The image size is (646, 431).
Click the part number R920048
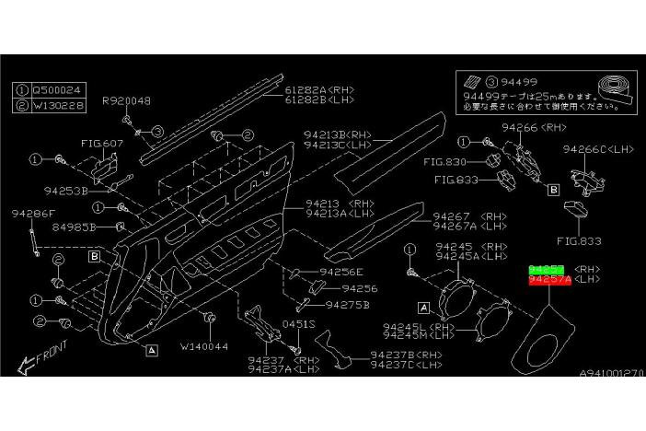[126, 101]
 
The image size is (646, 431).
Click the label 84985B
[74, 226]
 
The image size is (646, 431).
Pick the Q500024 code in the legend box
[55, 91]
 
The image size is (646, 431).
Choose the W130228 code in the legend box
[55, 105]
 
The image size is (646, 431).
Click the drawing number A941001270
[611, 373]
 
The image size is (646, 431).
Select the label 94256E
[340, 272]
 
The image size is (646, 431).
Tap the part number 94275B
[348, 304]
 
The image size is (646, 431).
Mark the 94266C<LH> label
[592, 147]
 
